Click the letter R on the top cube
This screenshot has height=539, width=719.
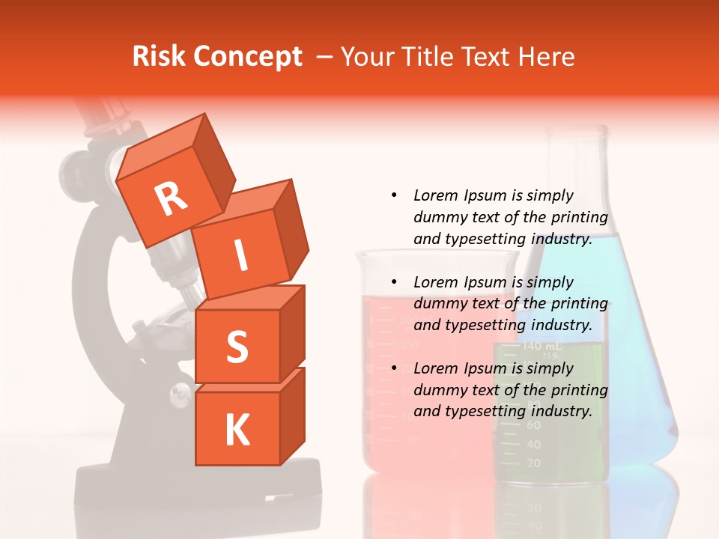pos(171,198)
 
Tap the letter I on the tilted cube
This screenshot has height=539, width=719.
pos(240,256)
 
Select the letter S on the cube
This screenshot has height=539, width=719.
pos(237,347)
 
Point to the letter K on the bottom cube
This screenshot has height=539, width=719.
pos(237,430)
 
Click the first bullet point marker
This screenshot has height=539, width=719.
pos(394,195)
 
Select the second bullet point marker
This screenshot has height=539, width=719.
pos(394,282)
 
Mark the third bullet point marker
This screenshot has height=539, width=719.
pos(394,368)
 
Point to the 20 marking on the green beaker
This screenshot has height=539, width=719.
pos(533,463)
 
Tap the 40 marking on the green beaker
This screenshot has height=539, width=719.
pos(533,444)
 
